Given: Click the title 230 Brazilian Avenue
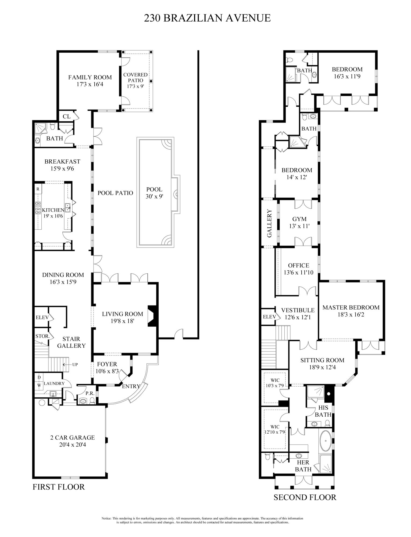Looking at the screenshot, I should click(x=207, y=18).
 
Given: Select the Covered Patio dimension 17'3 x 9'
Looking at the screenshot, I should click(x=135, y=86).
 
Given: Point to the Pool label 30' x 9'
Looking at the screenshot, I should click(x=154, y=193).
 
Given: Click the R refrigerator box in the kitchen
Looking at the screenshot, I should click(x=38, y=189).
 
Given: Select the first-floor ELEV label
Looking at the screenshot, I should click(x=42, y=317).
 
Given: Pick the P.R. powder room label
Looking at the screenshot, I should click(x=90, y=393).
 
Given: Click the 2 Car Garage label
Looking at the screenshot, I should click(x=73, y=437).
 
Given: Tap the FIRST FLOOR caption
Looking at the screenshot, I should click(x=59, y=487).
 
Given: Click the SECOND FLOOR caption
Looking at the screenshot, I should click(x=305, y=497).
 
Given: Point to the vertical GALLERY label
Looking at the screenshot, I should click(x=270, y=223).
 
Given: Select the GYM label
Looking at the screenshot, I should click(x=299, y=219).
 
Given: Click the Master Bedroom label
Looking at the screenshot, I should click(x=351, y=307).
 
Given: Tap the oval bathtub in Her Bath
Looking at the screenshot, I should click(x=326, y=441).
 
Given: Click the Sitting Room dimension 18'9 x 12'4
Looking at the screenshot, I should click(x=322, y=367).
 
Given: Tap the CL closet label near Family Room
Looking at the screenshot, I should click(x=66, y=116).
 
